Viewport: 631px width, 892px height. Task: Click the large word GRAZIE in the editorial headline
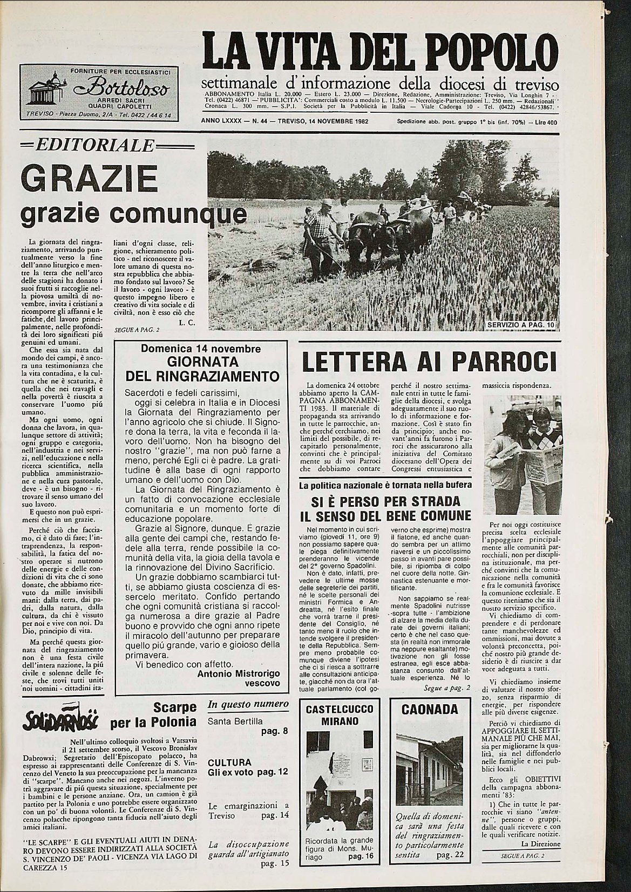[x=89, y=178]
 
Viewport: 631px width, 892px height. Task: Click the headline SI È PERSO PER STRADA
[x=385, y=500]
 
